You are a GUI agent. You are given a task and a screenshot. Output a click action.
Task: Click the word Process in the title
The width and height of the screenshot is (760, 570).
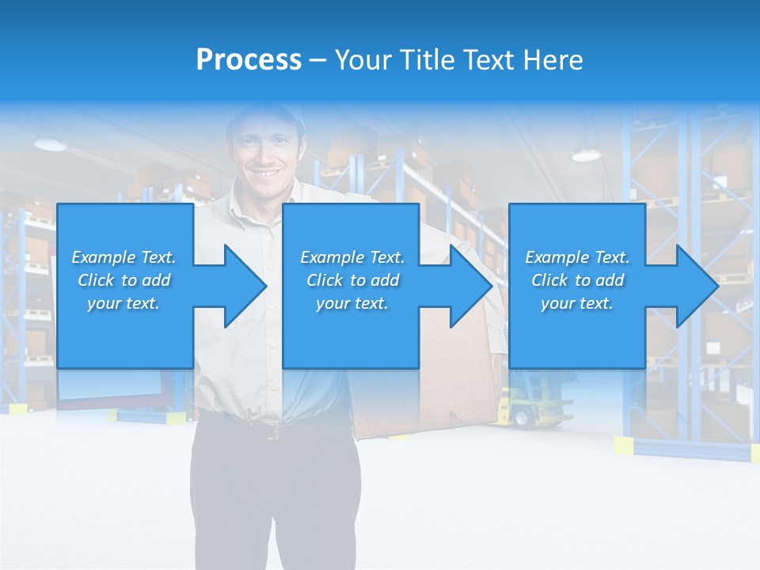click(249, 59)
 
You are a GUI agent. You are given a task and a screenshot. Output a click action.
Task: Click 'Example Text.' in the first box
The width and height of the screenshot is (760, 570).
click(123, 257)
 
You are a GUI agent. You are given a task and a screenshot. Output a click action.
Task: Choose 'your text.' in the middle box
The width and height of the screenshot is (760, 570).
click(351, 303)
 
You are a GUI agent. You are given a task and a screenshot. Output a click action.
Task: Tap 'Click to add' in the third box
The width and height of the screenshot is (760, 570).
click(577, 280)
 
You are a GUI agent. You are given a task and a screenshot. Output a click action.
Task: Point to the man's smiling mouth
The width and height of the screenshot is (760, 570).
click(265, 173)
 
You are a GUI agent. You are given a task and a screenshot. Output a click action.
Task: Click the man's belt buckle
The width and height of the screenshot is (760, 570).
click(273, 431)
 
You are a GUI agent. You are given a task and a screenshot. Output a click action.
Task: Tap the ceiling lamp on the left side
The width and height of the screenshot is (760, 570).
click(50, 145)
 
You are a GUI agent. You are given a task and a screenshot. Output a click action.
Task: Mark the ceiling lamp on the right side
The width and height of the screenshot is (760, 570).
click(586, 154)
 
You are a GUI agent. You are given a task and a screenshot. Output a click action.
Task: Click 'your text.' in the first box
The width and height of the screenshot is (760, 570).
click(123, 303)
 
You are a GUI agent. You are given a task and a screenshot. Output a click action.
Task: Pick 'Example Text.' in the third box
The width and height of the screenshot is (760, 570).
click(577, 257)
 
